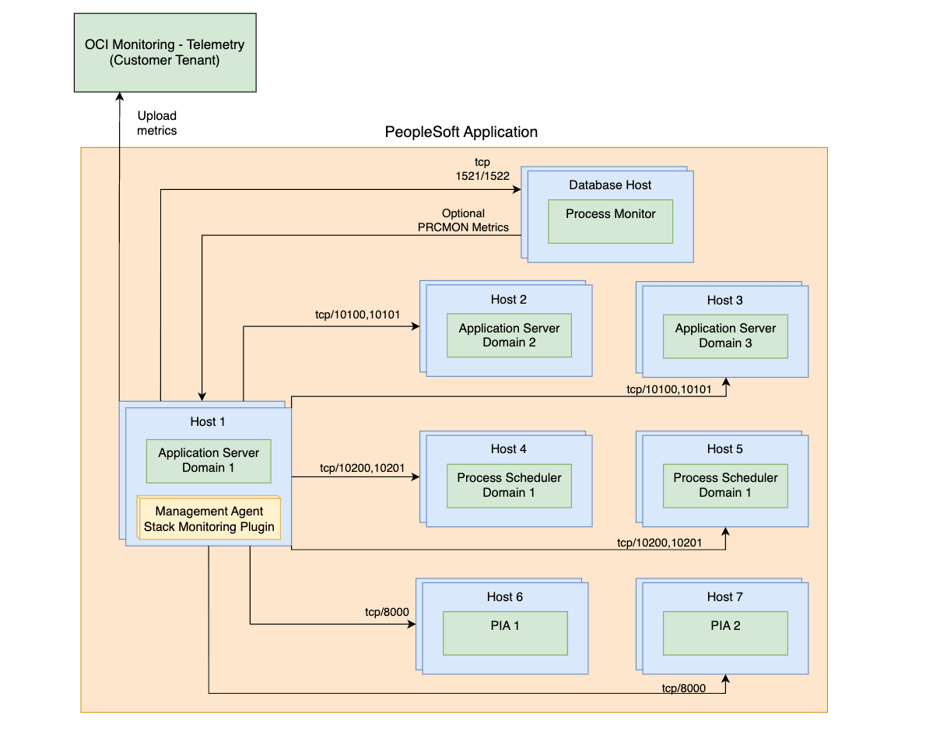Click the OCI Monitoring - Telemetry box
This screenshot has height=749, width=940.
coord(165,53)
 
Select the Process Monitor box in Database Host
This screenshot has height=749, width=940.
coord(610,221)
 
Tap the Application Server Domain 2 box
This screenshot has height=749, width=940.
coord(509,336)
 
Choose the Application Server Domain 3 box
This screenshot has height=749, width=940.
coord(725,336)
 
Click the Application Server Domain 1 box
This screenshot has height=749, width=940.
coord(209,460)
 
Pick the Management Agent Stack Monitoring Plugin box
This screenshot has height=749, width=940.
coord(209,519)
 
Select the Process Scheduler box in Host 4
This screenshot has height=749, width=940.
coord(509,485)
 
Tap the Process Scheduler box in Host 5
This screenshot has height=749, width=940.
coord(725,485)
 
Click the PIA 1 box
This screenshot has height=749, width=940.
coord(505,633)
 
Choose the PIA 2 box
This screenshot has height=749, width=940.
coord(725,633)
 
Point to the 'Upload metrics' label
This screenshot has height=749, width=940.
coord(156,123)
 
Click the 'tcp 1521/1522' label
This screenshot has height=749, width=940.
coord(482,169)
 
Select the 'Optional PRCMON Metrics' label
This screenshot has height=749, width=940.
coord(463,220)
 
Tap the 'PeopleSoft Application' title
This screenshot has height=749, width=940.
coord(461,132)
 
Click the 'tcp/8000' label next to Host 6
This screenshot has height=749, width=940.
coord(387,612)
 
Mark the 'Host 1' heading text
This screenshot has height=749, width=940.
coord(208,421)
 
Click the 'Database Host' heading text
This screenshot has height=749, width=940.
coord(610,185)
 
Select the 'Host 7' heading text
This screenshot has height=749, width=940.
coord(724,596)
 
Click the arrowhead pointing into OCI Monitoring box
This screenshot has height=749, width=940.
coord(120,97)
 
